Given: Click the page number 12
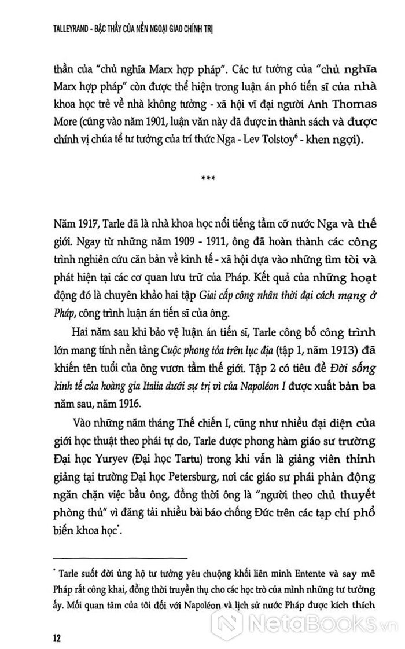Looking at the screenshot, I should [57, 623].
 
